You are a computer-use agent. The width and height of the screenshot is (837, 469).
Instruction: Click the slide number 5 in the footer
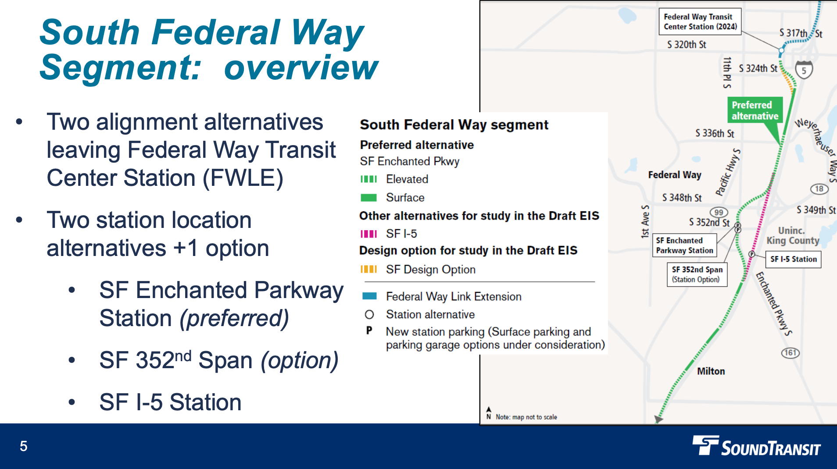(x=24, y=446)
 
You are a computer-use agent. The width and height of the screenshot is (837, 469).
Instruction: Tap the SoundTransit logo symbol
(x=705, y=445)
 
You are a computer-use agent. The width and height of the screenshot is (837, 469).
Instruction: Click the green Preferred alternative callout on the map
(x=755, y=110)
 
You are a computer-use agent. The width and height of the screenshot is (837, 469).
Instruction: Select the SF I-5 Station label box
(x=794, y=259)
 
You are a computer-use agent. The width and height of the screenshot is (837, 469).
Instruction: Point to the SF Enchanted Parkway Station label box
(x=684, y=245)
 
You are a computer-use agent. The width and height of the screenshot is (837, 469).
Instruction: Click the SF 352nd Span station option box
(x=697, y=274)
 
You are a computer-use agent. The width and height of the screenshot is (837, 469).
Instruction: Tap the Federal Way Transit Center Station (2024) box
(x=700, y=21)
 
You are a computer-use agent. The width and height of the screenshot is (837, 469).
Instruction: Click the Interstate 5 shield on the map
(x=804, y=70)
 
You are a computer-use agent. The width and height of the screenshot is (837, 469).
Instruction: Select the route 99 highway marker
(x=719, y=213)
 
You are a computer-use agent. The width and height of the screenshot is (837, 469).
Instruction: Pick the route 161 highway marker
(x=790, y=353)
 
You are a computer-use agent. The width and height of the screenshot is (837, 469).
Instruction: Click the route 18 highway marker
(x=819, y=189)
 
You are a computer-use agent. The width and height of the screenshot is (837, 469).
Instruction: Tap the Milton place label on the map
(x=711, y=371)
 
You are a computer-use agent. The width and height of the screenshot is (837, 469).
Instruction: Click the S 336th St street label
(x=714, y=133)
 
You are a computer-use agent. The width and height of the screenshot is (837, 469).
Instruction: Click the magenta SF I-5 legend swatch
(x=368, y=234)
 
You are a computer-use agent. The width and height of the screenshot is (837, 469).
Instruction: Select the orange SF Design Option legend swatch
(x=368, y=270)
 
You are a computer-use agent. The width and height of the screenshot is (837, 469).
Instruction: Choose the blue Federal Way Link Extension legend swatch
(x=369, y=296)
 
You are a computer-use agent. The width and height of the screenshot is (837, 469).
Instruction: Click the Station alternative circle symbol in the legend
(x=369, y=315)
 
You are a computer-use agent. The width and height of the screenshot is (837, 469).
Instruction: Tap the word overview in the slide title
(x=300, y=68)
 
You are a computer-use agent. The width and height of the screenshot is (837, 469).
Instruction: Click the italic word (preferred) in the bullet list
(x=234, y=318)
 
